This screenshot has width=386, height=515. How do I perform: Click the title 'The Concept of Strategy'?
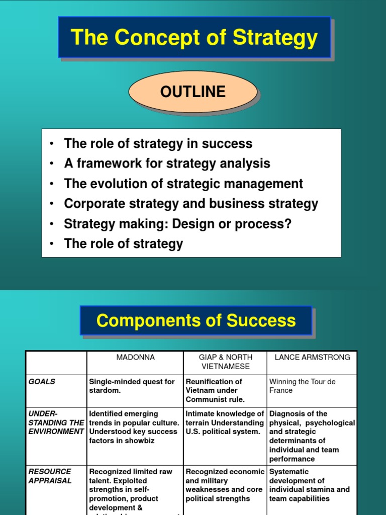point(194,38)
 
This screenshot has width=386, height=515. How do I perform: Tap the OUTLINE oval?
point(193,92)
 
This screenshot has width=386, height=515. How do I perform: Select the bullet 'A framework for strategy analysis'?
point(167,163)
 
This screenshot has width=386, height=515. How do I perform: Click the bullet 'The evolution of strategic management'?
point(183,184)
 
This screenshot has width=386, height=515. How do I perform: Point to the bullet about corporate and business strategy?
point(191,204)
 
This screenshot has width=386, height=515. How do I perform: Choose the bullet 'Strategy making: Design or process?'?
point(177,224)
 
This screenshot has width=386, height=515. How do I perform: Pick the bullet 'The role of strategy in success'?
point(158,143)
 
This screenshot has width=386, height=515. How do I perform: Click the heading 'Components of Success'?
point(196,320)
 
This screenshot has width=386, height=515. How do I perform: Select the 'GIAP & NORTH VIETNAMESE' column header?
point(225,362)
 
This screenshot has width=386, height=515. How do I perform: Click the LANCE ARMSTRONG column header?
point(312,357)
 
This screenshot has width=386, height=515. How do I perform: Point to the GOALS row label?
point(42,382)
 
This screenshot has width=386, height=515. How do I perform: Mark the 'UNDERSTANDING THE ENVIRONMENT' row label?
point(56,422)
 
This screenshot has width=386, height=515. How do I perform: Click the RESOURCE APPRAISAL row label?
point(50,476)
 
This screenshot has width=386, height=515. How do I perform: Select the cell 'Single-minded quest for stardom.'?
point(132,386)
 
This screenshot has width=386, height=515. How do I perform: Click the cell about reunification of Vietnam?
point(215,390)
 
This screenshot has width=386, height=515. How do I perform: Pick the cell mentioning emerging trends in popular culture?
point(134,427)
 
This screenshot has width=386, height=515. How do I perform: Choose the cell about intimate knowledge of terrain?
point(225,422)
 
